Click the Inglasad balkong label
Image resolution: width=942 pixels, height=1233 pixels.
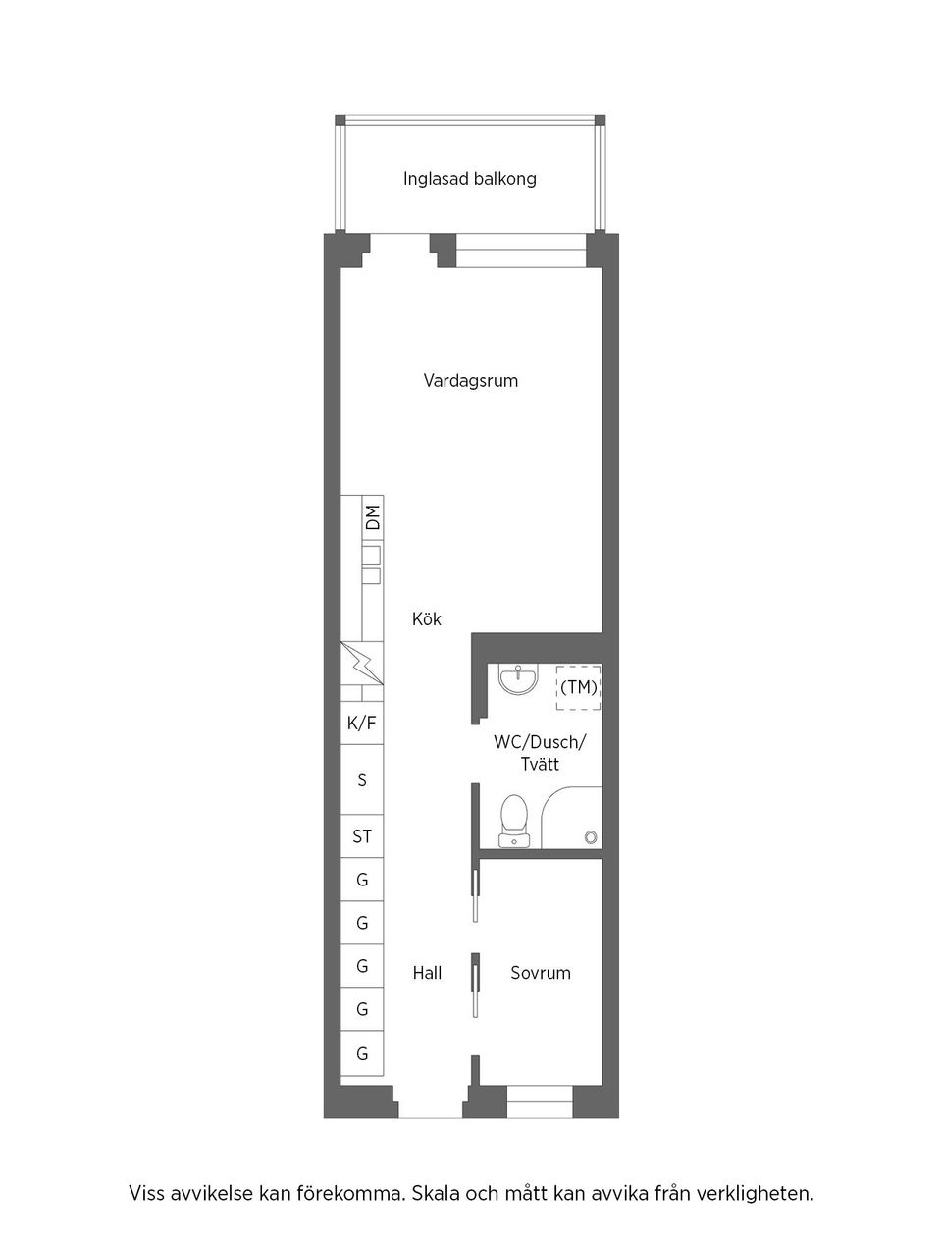[469, 179]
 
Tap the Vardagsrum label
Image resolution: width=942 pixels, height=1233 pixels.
[470, 380]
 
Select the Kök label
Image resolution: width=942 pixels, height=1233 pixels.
[427, 619]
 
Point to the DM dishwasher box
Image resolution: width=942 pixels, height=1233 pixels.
[372, 516]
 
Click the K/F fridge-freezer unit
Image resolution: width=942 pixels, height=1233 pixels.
[361, 724]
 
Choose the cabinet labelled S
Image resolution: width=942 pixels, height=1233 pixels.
[361, 780]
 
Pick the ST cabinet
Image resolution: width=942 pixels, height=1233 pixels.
[361, 837]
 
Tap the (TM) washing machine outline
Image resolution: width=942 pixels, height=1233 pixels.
[579, 687]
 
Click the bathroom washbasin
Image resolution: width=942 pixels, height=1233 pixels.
[517, 678]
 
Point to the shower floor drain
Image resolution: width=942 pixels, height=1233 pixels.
[590, 836]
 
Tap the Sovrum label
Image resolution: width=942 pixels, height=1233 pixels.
[540, 973]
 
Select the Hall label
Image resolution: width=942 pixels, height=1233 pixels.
[427, 973]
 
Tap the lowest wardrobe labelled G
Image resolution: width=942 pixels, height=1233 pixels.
[361, 1054]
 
